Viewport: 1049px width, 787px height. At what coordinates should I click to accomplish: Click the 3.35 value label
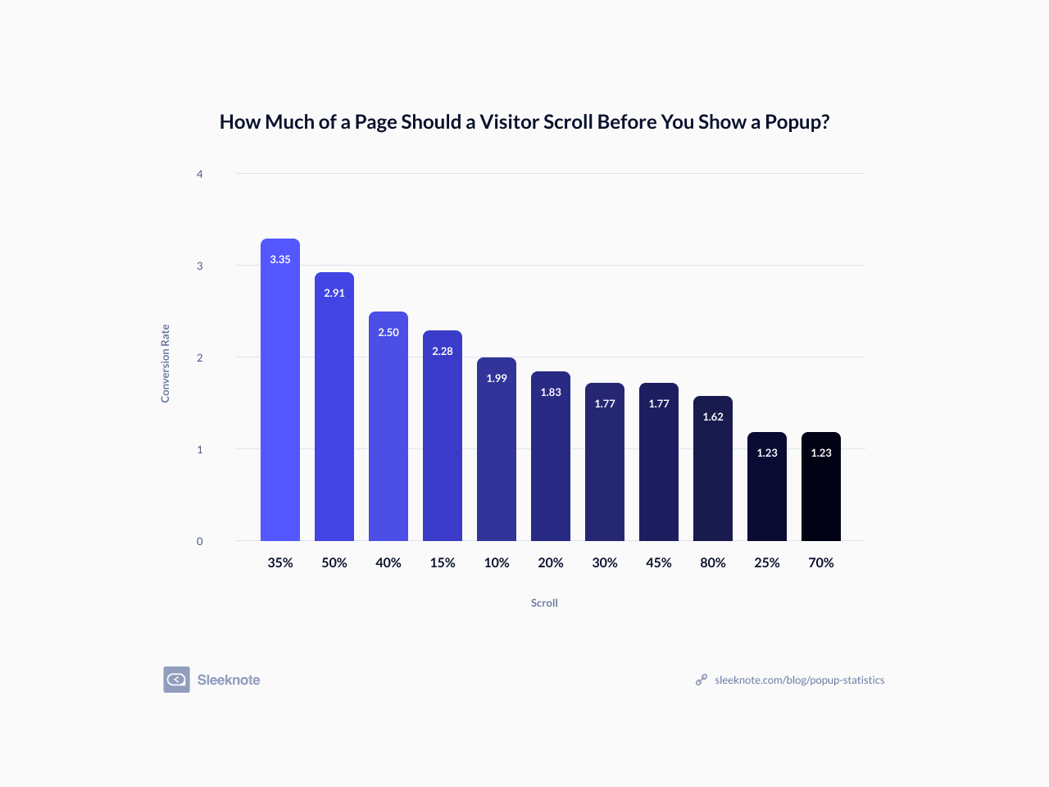coord(280,259)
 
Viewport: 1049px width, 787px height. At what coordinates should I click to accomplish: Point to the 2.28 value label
coord(443,351)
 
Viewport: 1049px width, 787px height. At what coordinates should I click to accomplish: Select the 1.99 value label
coord(497,378)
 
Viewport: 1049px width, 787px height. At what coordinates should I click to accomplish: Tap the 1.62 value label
coord(713,416)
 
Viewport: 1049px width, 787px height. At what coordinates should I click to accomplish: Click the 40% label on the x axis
coord(388,562)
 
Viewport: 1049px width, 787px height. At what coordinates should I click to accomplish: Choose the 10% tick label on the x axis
coord(497,562)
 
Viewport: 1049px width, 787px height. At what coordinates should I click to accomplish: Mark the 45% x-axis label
coord(659,562)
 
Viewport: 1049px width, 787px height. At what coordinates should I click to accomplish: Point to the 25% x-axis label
coord(767,562)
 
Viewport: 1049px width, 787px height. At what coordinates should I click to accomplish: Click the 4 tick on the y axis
coord(199,174)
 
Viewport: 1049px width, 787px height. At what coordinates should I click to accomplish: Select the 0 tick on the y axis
coord(199,541)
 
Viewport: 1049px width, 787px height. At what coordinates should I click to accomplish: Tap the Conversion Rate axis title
coord(165,363)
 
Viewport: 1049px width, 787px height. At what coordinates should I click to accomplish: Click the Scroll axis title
coord(544,603)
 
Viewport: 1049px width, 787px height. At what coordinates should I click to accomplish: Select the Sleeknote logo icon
coord(176,680)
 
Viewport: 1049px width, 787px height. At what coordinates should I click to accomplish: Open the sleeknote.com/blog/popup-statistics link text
coord(799,680)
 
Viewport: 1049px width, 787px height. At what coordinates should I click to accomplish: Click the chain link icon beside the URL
coord(702,680)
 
